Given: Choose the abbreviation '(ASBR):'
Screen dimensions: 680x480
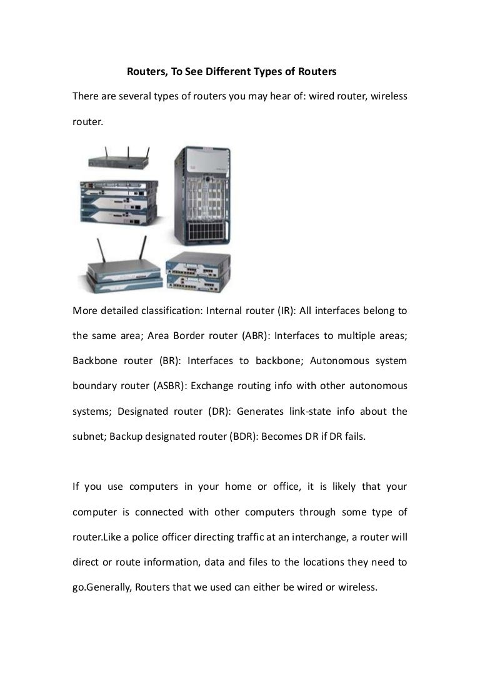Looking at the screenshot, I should click(169, 386).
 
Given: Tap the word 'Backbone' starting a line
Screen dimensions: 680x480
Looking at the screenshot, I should click(94, 361).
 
